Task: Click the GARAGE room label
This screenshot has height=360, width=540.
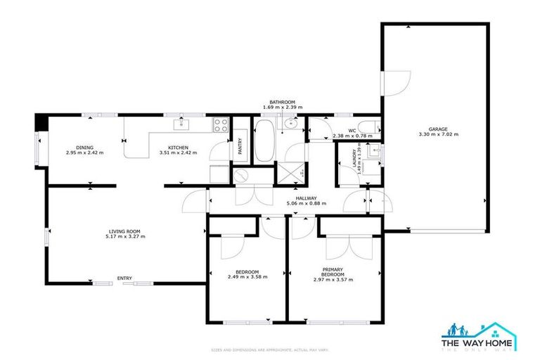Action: [x=433, y=129]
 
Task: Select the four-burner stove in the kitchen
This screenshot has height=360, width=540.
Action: [x=221, y=127]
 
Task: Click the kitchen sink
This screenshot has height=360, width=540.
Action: [x=181, y=125]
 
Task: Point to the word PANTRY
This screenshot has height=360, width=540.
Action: [x=240, y=146]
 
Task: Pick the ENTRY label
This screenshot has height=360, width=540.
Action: [x=124, y=278]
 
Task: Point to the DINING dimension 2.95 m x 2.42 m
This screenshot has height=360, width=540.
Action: [x=84, y=152]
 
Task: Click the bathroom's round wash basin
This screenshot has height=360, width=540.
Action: [x=292, y=125]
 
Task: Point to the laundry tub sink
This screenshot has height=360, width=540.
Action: [x=376, y=151]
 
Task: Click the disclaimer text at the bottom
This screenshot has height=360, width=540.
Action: [x=270, y=349]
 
